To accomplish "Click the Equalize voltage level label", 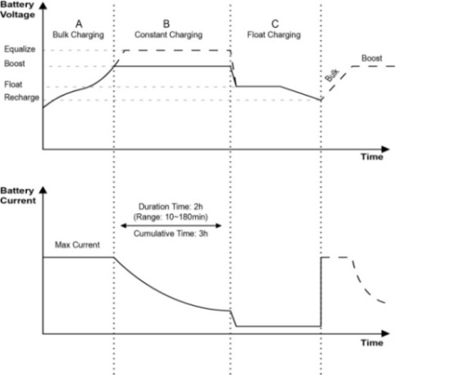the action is (20, 49).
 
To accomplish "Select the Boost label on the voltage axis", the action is (15, 63).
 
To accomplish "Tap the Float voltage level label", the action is (13, 85).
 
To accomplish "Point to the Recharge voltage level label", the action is (21, 98).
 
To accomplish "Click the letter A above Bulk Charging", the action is (79, 24).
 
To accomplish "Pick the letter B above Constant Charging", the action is (167, 24).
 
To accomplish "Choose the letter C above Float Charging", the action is (275, 24).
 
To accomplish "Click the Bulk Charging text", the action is (78, 34).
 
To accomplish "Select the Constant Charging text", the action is (168, 34).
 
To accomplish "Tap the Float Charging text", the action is (274, 34).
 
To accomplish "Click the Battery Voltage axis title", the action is (17, 10).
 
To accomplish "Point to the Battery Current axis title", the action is (18, 195).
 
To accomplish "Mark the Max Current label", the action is (77, 245).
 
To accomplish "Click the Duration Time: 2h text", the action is (171, 207).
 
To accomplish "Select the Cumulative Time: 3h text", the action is (171, 234).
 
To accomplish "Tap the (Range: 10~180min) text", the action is (171, 217).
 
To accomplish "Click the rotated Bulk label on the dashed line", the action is (332, 75).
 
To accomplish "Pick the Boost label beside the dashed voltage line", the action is (372, 58).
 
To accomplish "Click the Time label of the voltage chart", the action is (372, 157).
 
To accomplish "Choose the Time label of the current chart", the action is (372, 343).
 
